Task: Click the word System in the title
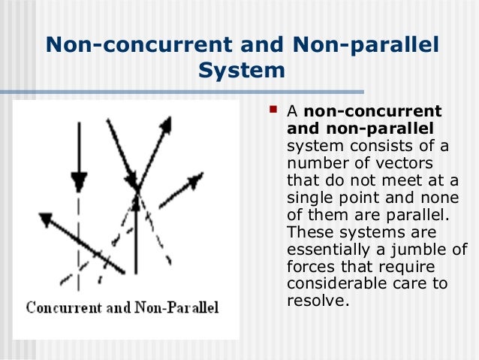(x=242, y=71)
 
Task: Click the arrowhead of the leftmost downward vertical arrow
(x=78, y=181)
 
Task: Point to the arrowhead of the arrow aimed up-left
(x=47, y=219)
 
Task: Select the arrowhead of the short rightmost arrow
(x=196, y=180)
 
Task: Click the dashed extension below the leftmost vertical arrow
(x=78, y=233)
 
